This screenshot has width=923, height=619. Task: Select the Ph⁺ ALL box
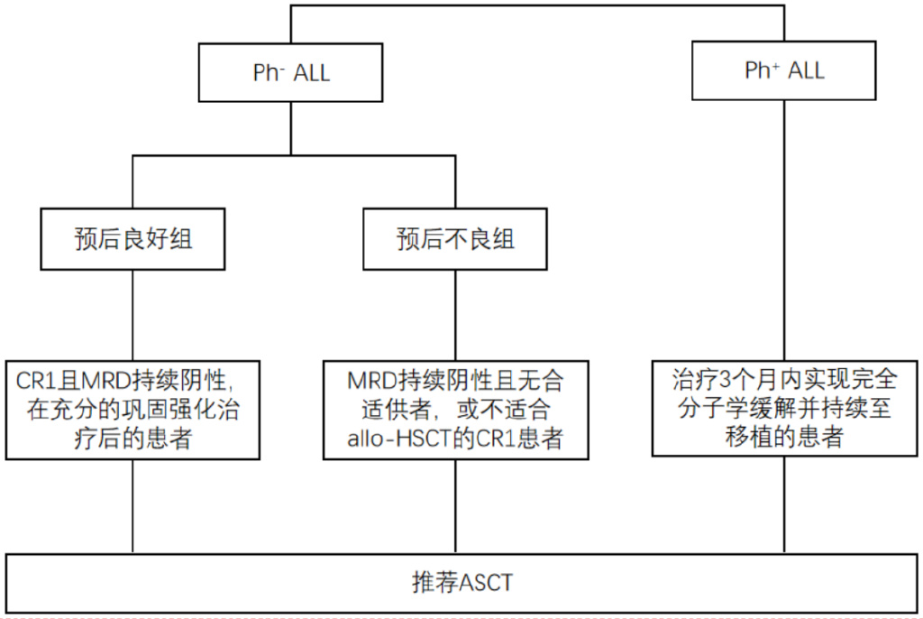(x=783, y=70)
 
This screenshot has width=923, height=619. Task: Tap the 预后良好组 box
(x=133, y=239)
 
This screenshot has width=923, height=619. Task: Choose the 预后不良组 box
(x=455, y=239)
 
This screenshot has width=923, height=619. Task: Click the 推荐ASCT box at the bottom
(x=461, y=582)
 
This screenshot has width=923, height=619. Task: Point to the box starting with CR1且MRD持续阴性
(x=133, y=409)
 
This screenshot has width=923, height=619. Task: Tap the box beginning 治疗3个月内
(x=783, y=408)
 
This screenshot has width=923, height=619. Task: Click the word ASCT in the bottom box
(x=486, y=583)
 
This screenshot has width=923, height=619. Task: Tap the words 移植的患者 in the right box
(x=783, y=438)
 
